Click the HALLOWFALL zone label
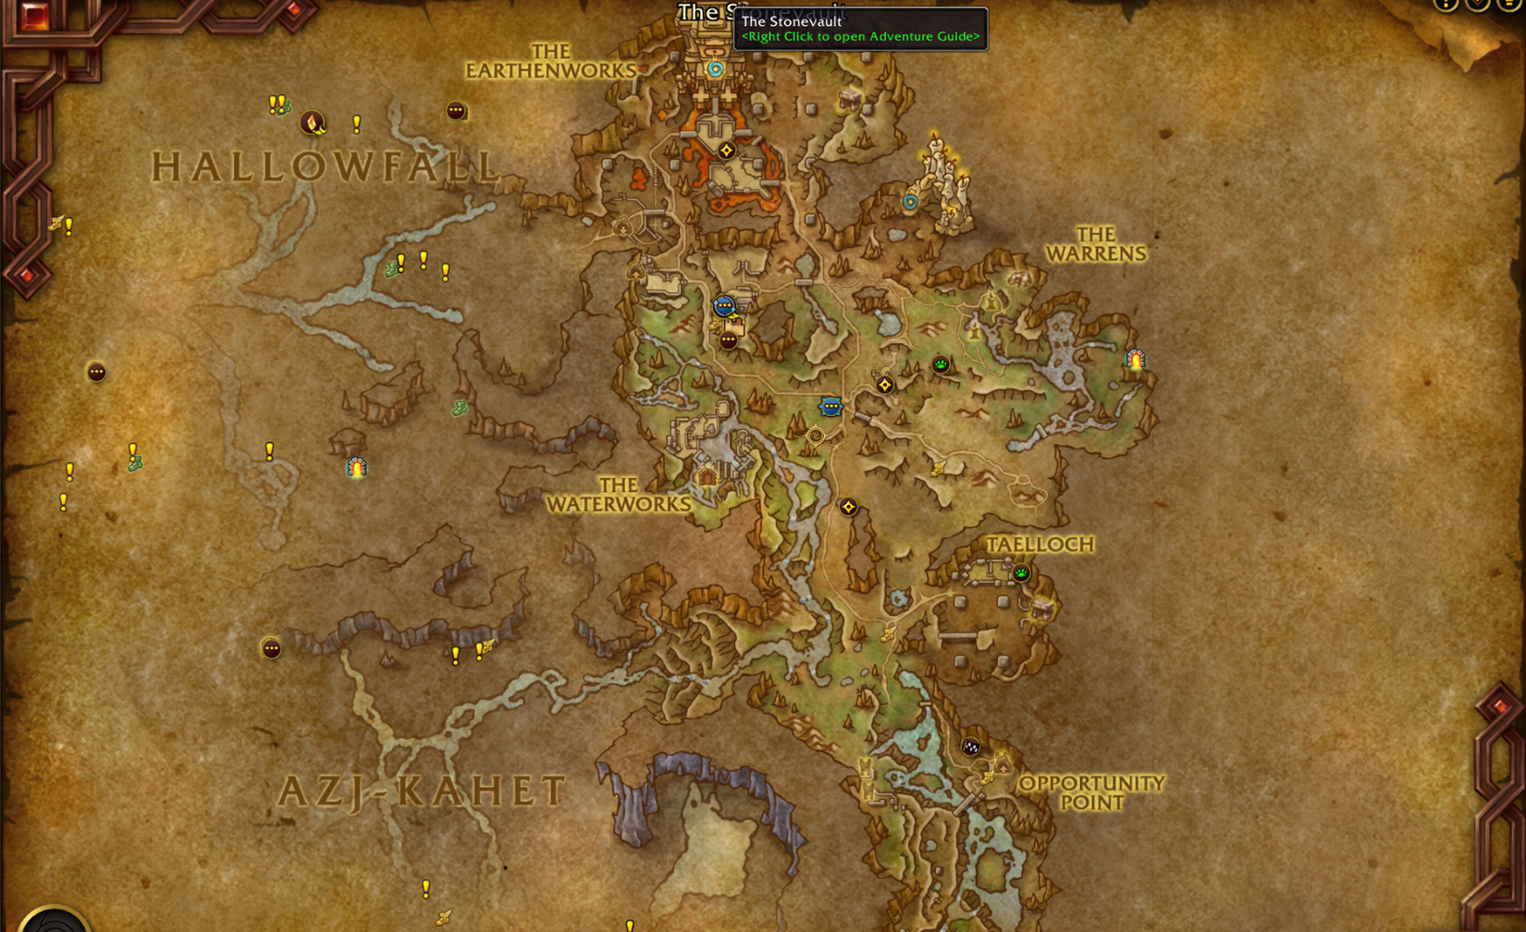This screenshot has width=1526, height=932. (326, 167)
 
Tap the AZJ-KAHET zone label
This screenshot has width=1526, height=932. (422, 791)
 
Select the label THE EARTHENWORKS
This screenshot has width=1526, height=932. (551, 61)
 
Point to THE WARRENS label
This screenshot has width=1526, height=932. (1096, 244)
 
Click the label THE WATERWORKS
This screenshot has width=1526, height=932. (619, 495)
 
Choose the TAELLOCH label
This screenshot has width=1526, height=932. (1040, 545)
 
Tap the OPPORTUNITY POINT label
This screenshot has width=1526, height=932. (1091, 792)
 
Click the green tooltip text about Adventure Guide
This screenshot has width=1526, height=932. (860, 37)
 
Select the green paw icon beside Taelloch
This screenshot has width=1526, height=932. (1021, 573)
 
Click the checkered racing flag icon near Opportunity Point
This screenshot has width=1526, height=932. (971, 746)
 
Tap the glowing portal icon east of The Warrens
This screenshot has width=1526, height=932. (1136, 360)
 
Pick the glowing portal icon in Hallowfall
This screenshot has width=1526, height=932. (357, 468)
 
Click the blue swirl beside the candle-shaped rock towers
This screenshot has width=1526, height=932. (911, 202)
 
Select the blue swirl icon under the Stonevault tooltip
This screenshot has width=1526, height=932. (715, 69)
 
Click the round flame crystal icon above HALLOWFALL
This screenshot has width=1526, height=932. (313, 121)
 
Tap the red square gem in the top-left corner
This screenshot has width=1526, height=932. (35, 16)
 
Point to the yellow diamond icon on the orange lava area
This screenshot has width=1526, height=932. (727, 150)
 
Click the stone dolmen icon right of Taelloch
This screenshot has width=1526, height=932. (1044, 607)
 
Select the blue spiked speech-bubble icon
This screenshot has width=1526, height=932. (831, 406)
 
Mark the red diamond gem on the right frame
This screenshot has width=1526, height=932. (1500, 706)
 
